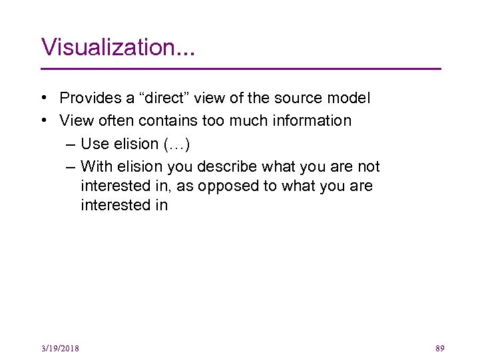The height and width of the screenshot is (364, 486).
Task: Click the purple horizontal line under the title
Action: tap(241, 69)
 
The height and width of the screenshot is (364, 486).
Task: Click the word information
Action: tap(313, 120)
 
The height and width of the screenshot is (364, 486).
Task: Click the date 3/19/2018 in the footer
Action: tap(59, 349)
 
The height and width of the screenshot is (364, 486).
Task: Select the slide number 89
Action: tap(439, 348)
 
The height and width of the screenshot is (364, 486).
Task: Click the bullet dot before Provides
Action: tap(43, 98)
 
